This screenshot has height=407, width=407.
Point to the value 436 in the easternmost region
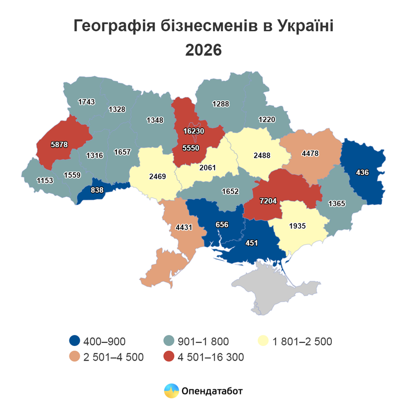pyautogui.click(x=363, y=172)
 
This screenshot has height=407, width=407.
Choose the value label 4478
pyautogui.click(x=310, y=153)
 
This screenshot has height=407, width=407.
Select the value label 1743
pyautogui.click(x=87, y=102)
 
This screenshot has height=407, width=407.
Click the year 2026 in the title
pyautogui.click(x=203, y=50)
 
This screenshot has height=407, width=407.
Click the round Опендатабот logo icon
pyautogui.click(x=171, y=390)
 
